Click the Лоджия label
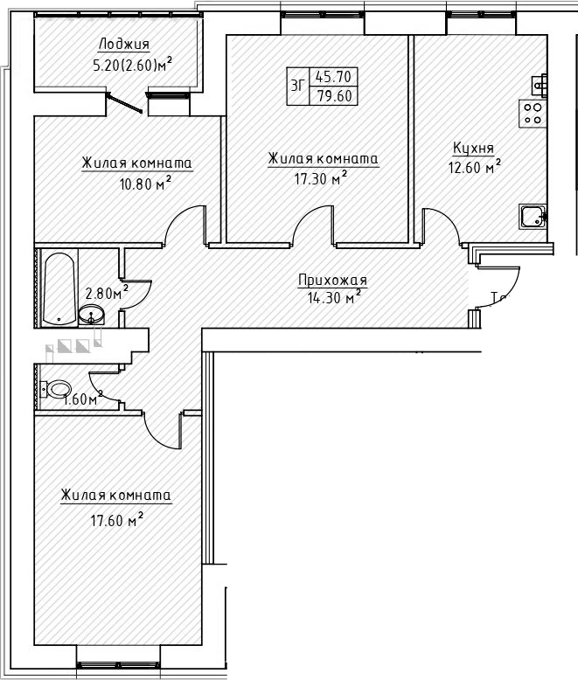[123, 45]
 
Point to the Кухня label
[473, 148]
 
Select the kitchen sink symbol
[532, 215]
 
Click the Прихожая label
[332, 281]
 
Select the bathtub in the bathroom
[59, 288]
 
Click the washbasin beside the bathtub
[90, 314]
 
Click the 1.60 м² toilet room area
[83, 400]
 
